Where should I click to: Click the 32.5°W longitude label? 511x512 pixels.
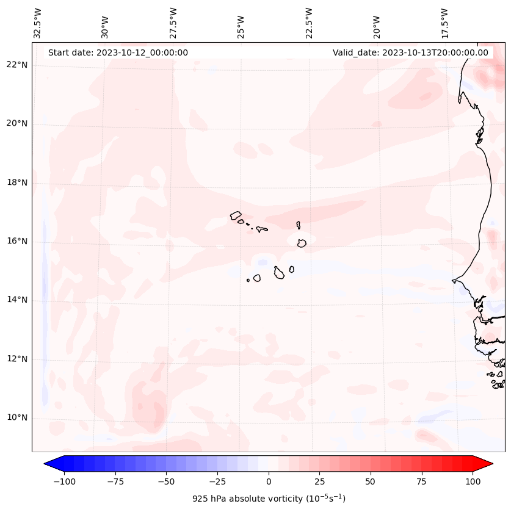tap(38, 23)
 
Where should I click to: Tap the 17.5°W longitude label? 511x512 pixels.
tap(444, 23)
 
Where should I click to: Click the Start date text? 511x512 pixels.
tap(118, 52)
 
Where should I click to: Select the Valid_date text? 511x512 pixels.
tap(410, 52)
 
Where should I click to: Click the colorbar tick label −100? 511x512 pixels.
tap(64, 481)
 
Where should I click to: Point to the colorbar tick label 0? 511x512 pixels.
tap(268, 481)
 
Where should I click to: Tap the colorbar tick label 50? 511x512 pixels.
tap(370, 481)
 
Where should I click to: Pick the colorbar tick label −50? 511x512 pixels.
tap(166, 481)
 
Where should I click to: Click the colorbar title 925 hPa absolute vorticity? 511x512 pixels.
tap(269, 499)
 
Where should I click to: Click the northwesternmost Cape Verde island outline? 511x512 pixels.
tap(236, 215)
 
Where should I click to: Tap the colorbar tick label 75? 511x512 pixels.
tap(421, 481)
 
